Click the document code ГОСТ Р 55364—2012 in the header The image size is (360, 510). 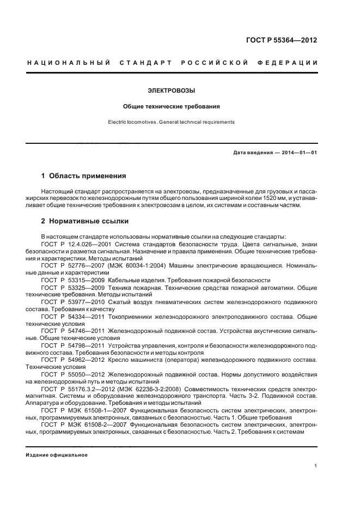[x=282, y=40]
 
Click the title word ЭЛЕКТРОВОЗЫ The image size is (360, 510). [x=171, y=90]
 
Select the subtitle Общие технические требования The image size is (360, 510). [x=171, y=107]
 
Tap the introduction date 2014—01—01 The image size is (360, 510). [x=300, y=153]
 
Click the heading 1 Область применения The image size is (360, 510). [x=84, y=176]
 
